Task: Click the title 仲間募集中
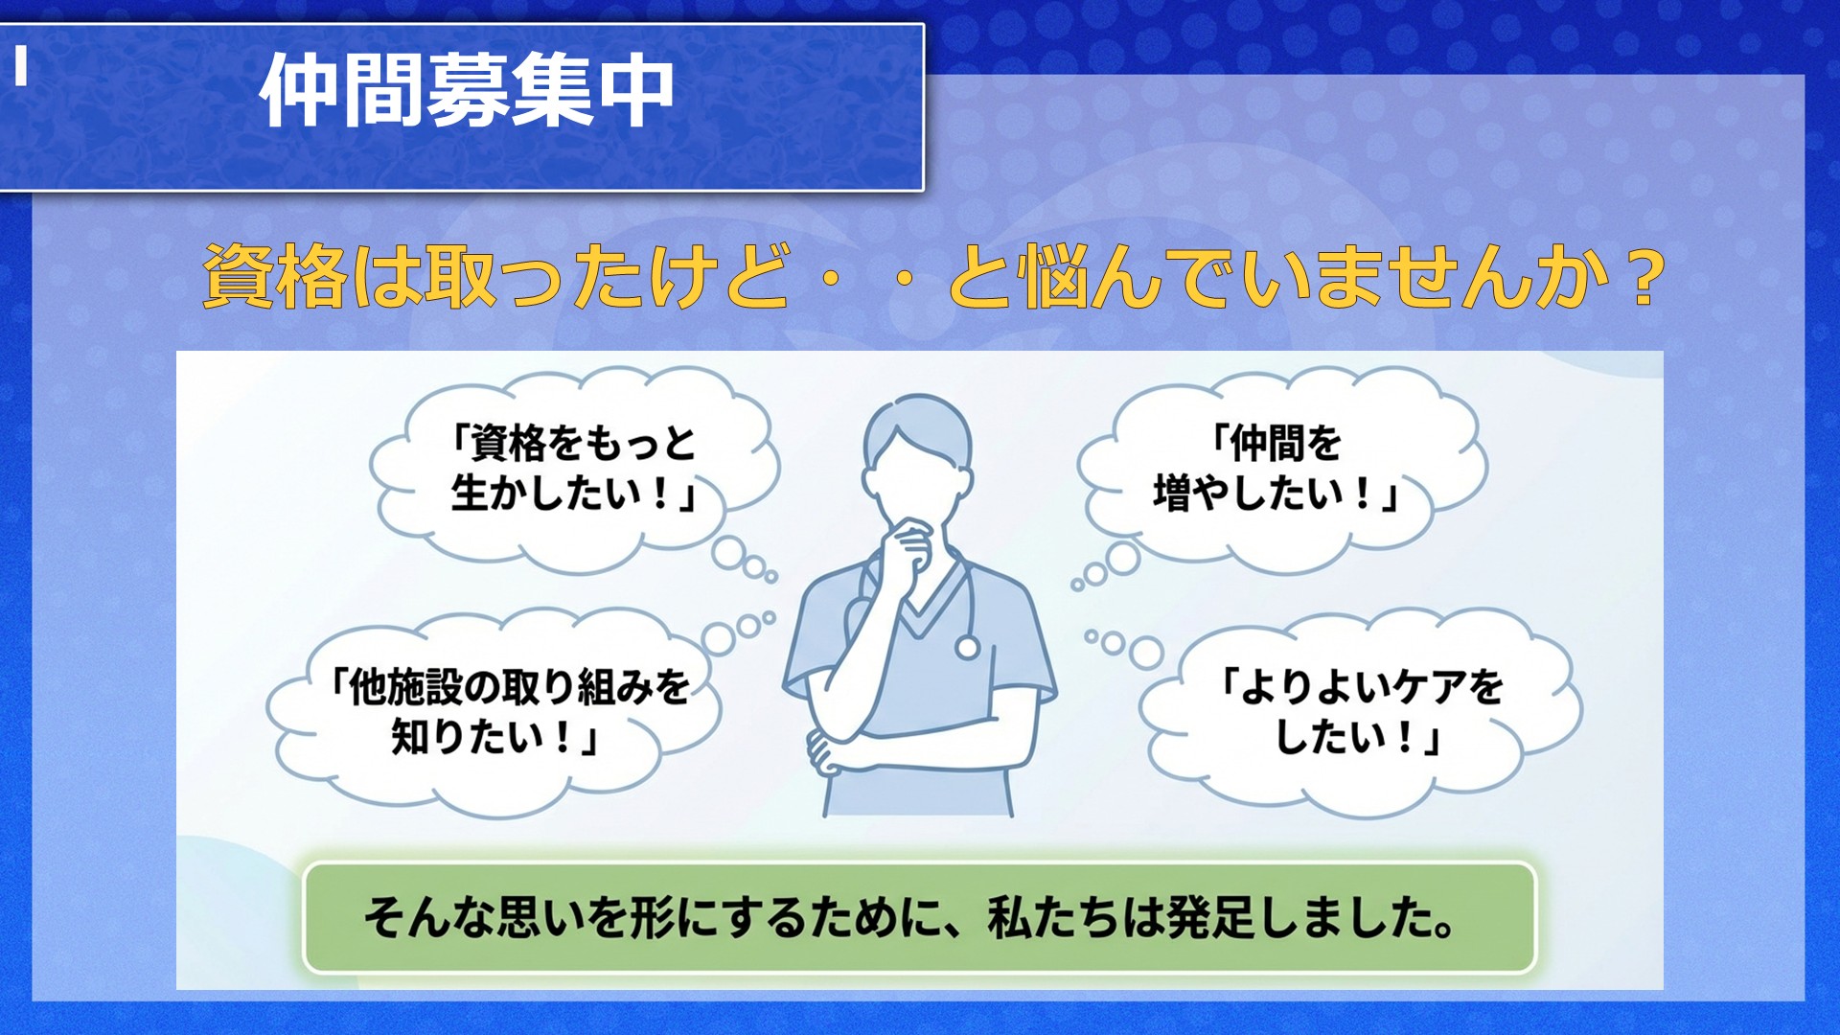(x=467, y=90)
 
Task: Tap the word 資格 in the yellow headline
(x=274, y=277)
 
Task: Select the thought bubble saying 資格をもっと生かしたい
(x=573, y=470)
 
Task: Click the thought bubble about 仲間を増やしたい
(x=1282, y=470)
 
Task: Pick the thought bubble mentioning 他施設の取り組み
(x=494, y=711)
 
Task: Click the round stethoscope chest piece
(x=968, y=648)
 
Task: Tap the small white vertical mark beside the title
(x=20, y=66)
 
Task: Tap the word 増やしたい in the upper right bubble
(x=1265, y=494)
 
